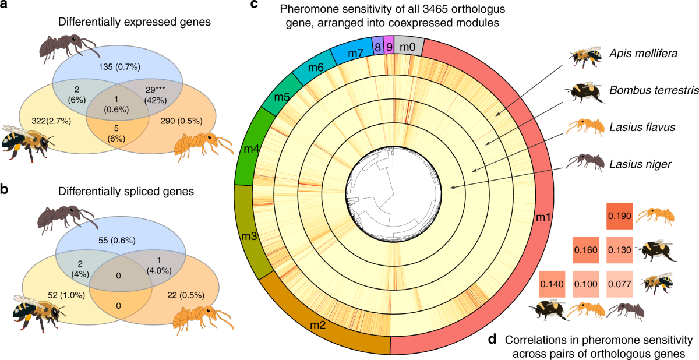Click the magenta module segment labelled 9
(x=389, y=45)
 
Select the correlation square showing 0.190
(x=619, y=216)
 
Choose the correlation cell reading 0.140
(x=551, y=284)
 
